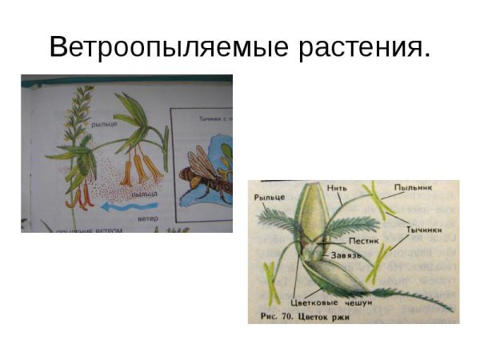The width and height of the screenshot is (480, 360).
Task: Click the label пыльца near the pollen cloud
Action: point(146,194)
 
